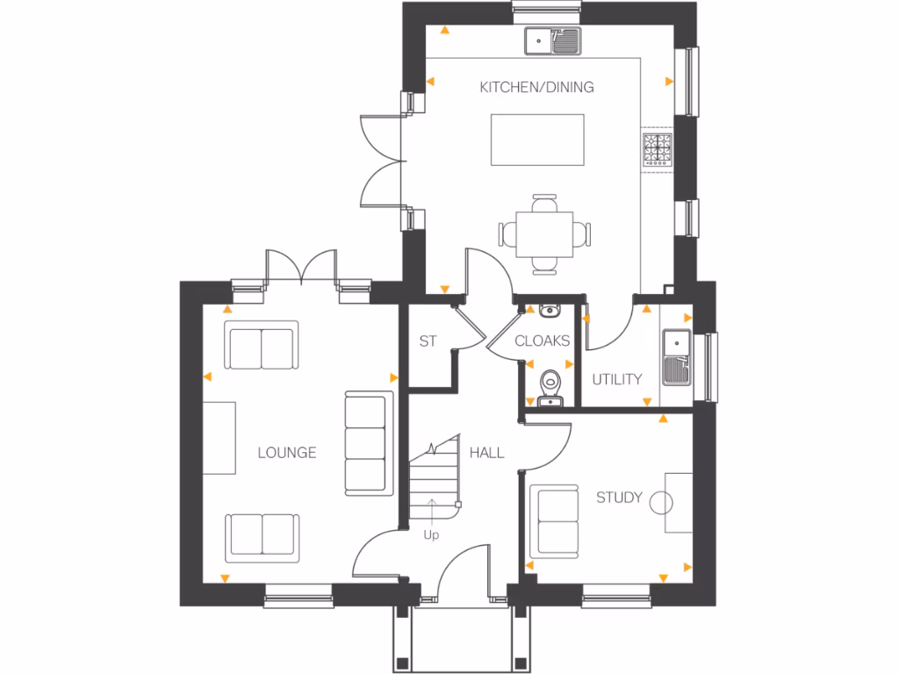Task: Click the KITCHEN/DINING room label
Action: pos(536,87)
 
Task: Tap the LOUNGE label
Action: pos(287,453)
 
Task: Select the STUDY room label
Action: pos(619,498)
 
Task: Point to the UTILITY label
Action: pos(616,379)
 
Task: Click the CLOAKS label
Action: pos(542,341)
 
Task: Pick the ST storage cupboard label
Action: pos(428,341)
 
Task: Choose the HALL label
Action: pos(487,453)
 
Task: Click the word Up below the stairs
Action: pos(431,534)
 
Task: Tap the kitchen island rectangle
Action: pos(537,140)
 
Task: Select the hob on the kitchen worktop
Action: pos(658,148)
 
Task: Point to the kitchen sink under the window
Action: pos(553,39)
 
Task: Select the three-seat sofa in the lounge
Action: pos(366,443)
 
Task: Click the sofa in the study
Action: pos(557,520)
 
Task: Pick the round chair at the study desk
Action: pos(661,502)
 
